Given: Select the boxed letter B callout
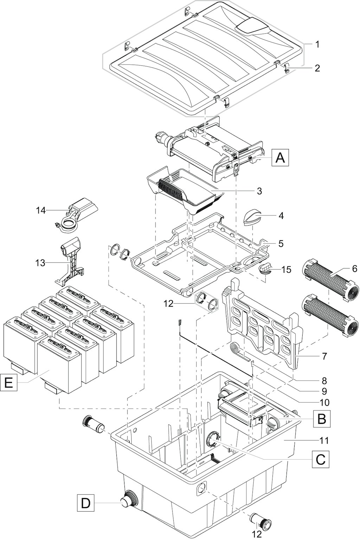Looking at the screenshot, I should [x=321, y=419].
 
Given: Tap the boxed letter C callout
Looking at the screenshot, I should [x=321, y=459].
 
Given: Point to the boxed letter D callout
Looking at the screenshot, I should [x=85, y=503].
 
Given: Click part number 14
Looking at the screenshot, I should [x=41, y=210].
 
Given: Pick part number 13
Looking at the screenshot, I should [x=40, y=262].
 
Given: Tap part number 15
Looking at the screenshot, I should [x=287, y=269].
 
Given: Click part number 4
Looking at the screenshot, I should [x=281, y=215].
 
